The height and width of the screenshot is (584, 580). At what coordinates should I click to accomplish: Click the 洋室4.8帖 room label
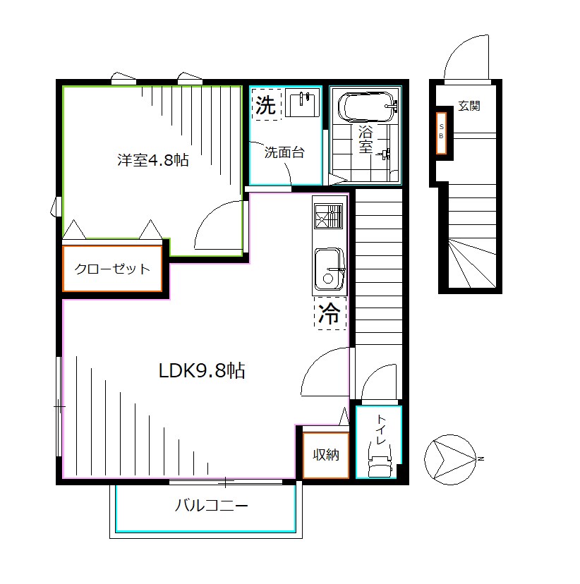152,160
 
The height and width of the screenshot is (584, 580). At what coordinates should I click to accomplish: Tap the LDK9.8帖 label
201,371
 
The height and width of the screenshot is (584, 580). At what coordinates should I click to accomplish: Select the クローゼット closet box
113,269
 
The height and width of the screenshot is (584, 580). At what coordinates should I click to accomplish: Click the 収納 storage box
326,455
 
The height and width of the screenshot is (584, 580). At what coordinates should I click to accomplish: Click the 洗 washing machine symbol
266,105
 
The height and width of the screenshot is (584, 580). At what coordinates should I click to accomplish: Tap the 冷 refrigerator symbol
330,315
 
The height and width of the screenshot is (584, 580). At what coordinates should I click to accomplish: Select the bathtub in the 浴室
368,108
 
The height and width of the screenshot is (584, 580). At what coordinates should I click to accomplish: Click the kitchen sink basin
328,269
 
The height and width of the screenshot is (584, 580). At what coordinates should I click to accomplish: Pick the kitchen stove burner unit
328,217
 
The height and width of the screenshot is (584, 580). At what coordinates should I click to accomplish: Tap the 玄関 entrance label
469,107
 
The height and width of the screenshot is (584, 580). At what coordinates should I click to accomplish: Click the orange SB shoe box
442,133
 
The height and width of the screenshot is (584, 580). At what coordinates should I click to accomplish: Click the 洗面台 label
284,152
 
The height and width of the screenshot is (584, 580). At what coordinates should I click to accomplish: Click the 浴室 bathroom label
365,139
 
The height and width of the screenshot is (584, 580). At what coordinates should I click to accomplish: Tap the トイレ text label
380,431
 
